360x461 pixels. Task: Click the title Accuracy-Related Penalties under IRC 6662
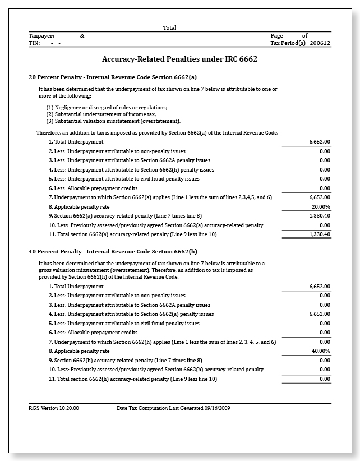[x=179, y=59]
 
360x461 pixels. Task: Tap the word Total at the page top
[x=169, y=27]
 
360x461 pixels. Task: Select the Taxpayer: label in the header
[x=41, y=36]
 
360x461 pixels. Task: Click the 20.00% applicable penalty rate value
[x=320, y=206]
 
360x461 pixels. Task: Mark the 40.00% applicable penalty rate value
[x=320, y=351]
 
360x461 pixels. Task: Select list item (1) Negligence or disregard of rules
[x=107, y=107]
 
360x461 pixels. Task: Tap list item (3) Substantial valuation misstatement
[x=113, y=121]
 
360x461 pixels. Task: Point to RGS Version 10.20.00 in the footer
[x=54, y=408]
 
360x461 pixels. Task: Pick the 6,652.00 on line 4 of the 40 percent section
[x=320, y=314]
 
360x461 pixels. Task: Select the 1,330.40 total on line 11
[x=320, y=234]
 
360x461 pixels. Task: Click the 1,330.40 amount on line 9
[x=320, y=215]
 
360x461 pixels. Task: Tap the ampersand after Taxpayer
[x=82, y=36]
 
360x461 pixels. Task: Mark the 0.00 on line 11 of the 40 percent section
[x=325, y=379]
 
